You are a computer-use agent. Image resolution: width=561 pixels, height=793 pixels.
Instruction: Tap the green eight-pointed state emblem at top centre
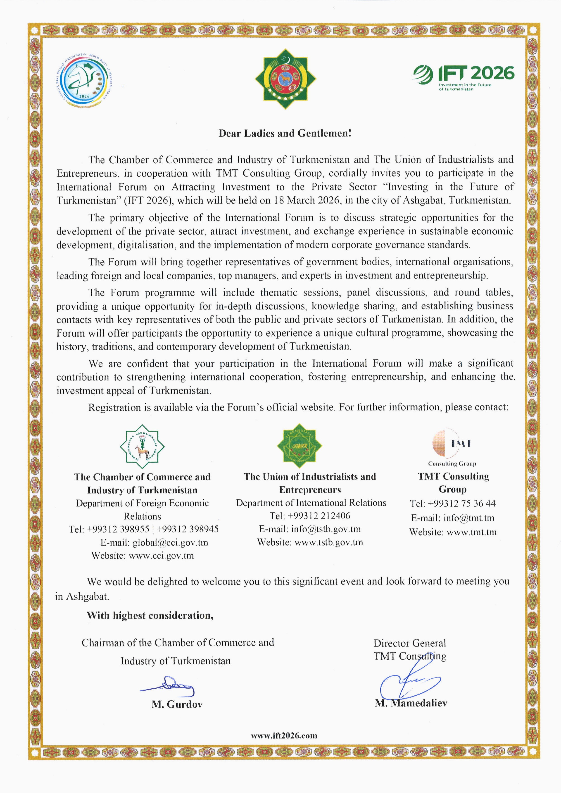(285, 79)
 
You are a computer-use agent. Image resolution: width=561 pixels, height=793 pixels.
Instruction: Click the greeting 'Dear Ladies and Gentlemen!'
(285, 134)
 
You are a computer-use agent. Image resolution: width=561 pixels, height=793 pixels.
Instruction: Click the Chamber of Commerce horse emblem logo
(142, 447)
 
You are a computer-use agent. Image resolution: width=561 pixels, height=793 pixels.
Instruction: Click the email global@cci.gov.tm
(170, 542)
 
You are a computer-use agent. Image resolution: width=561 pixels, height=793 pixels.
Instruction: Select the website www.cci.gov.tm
(161, 556)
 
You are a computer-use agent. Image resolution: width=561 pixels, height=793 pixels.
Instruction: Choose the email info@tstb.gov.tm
(326, 529)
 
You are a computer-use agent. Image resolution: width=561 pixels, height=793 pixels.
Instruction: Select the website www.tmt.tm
(471, 532)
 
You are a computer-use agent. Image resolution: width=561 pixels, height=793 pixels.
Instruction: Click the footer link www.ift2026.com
(284, 735)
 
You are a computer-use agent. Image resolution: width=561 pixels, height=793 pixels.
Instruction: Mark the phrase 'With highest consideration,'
(150, 616)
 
